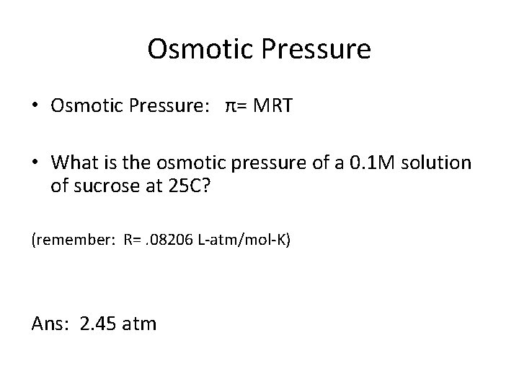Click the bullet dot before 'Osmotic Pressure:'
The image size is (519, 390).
[x=35, y=106]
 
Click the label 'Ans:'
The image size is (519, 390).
[x=49, y=323]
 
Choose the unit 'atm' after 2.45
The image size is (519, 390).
[x=138, y=324]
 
